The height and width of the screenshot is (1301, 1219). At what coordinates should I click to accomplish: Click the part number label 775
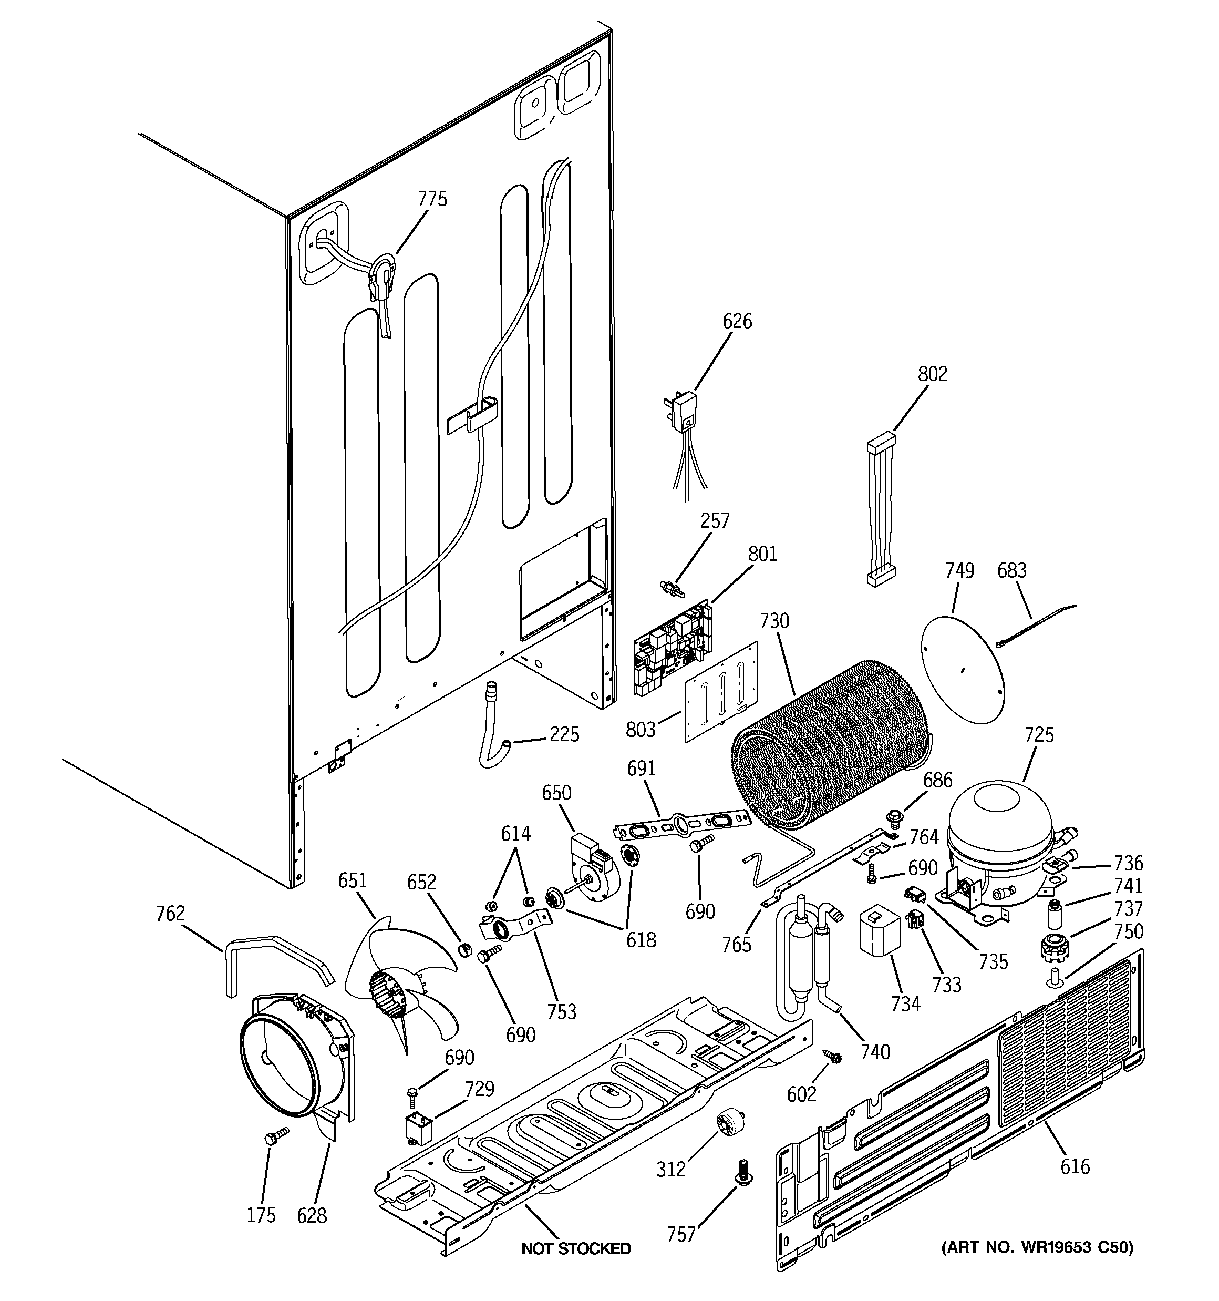(x=432, y=199)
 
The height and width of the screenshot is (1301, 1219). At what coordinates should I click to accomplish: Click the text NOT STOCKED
(x=576, y=1248)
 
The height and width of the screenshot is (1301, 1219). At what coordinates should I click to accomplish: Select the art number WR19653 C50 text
(x=1037, y=1247)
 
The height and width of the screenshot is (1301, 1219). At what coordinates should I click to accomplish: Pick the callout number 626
(x=737, y=321)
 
